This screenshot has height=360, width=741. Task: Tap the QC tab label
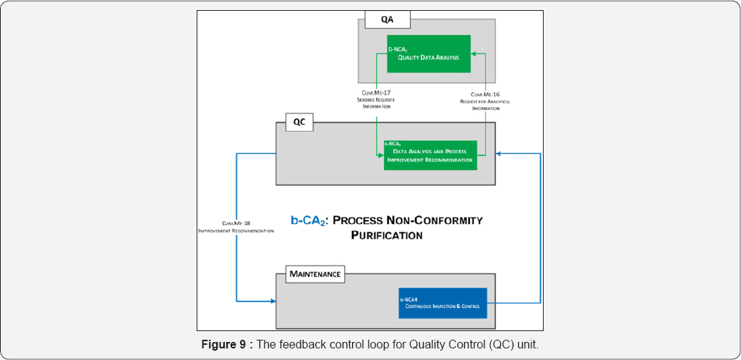click(x=298, y=122)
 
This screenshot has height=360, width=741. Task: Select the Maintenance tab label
click(x=315, y=275)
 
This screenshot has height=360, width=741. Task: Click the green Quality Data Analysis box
click(x=429, y=53)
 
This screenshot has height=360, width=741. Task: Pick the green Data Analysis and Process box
click(x=430, y=155)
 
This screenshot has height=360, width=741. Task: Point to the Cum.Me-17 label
click(x=377, y=93)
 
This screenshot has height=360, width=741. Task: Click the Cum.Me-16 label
click(x=486, y=94)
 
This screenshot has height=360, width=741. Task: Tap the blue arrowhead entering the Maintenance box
click(x=273, y=300)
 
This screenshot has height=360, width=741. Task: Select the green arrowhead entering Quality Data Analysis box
click(x=474, y=53)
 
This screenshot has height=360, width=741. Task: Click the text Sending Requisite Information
click(x=377, y=103)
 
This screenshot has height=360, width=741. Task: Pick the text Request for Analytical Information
click(x=485, y=106)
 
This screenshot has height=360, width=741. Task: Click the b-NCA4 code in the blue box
click(x=411, y=298)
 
